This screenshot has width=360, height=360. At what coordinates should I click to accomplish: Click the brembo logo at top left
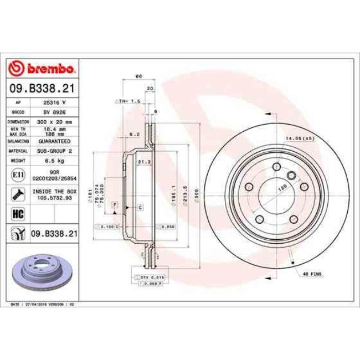click(43, 68)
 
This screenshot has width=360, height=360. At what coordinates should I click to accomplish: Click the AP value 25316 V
click(55, 103)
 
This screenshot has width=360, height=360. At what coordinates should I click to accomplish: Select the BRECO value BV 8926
click(55, 112)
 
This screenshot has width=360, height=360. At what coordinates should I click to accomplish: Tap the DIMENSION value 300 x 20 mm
click(55, 121)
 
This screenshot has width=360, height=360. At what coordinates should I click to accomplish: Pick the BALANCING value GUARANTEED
click(55, 141)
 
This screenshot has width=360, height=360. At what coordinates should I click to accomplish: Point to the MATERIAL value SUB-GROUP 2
click(55, 151)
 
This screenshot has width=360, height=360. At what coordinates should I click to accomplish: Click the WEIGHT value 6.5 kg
click(55, 161)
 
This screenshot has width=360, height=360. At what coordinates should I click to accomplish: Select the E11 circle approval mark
click(18, 176)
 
